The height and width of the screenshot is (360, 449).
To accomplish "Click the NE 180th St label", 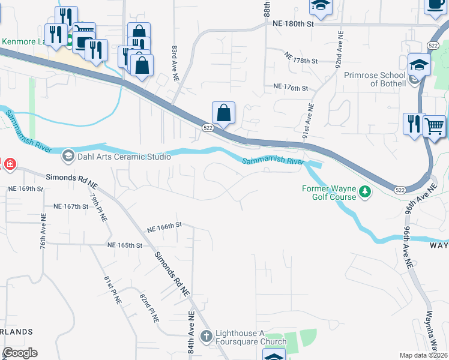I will click(x=294, y=23).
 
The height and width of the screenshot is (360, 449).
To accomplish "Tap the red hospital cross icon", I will click(x=8, y=164).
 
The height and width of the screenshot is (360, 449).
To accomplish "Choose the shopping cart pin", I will click(x=434, y=127).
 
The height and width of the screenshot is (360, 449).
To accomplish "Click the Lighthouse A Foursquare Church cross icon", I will click(x=206, y=337).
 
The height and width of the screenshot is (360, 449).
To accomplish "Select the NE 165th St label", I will click(x=125, y=245).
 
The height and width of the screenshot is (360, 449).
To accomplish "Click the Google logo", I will click(x=20, y=353).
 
